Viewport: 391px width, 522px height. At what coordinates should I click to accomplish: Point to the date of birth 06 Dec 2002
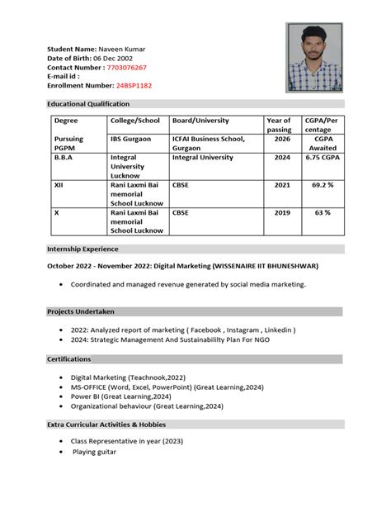coord(112,58)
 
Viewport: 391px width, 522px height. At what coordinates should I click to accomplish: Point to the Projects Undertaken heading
coord(80,311)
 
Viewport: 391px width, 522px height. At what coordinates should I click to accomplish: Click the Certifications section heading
coord(68,359)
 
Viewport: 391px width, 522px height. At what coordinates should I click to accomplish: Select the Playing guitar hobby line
coord(94,452)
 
